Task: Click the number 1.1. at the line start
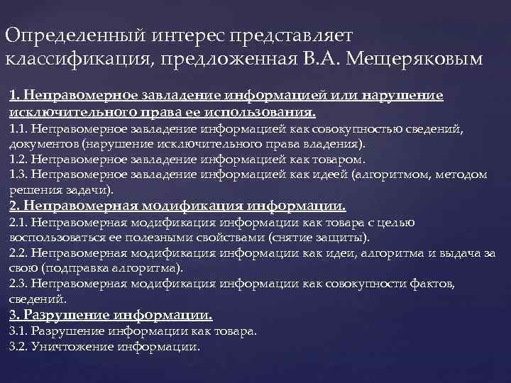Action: (x=19, y=128)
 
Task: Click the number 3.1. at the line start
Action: (x=19, y=331)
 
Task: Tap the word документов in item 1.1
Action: (x=40, y=144)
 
